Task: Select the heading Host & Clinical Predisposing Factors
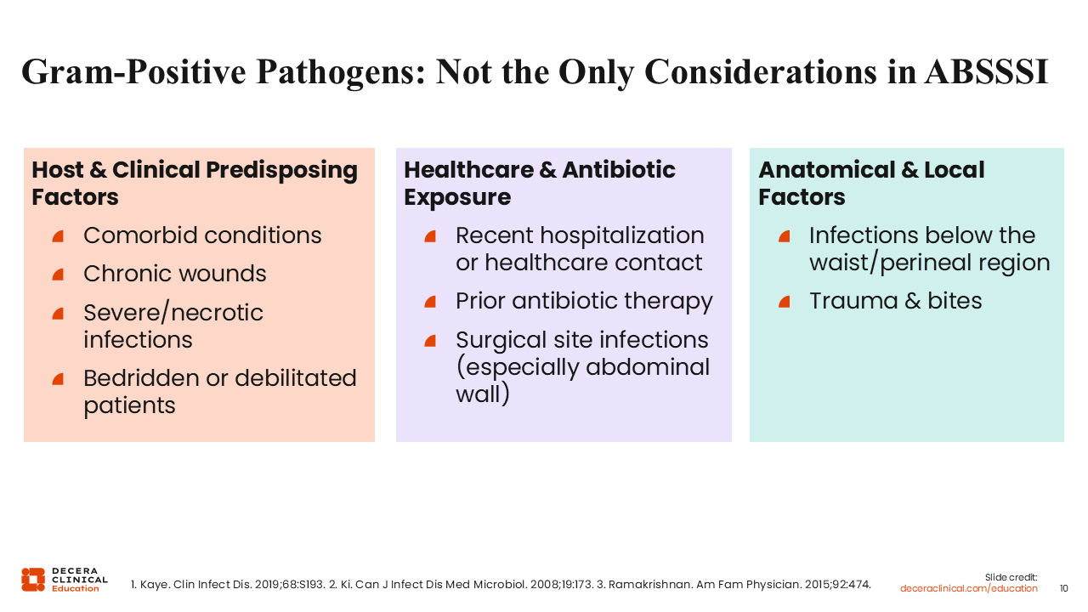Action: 195,183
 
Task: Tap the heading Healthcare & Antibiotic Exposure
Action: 540,183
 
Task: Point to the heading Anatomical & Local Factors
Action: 871,183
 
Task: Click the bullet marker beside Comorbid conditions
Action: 59,236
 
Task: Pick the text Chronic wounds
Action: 175,274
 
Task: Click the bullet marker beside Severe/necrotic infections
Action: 59,314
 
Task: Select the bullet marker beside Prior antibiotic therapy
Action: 430,302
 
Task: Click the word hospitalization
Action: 622,236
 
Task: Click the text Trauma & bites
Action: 896,301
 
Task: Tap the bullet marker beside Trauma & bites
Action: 785,302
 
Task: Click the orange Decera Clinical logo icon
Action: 33,580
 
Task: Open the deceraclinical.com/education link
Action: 968,588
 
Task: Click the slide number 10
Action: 1063,588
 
